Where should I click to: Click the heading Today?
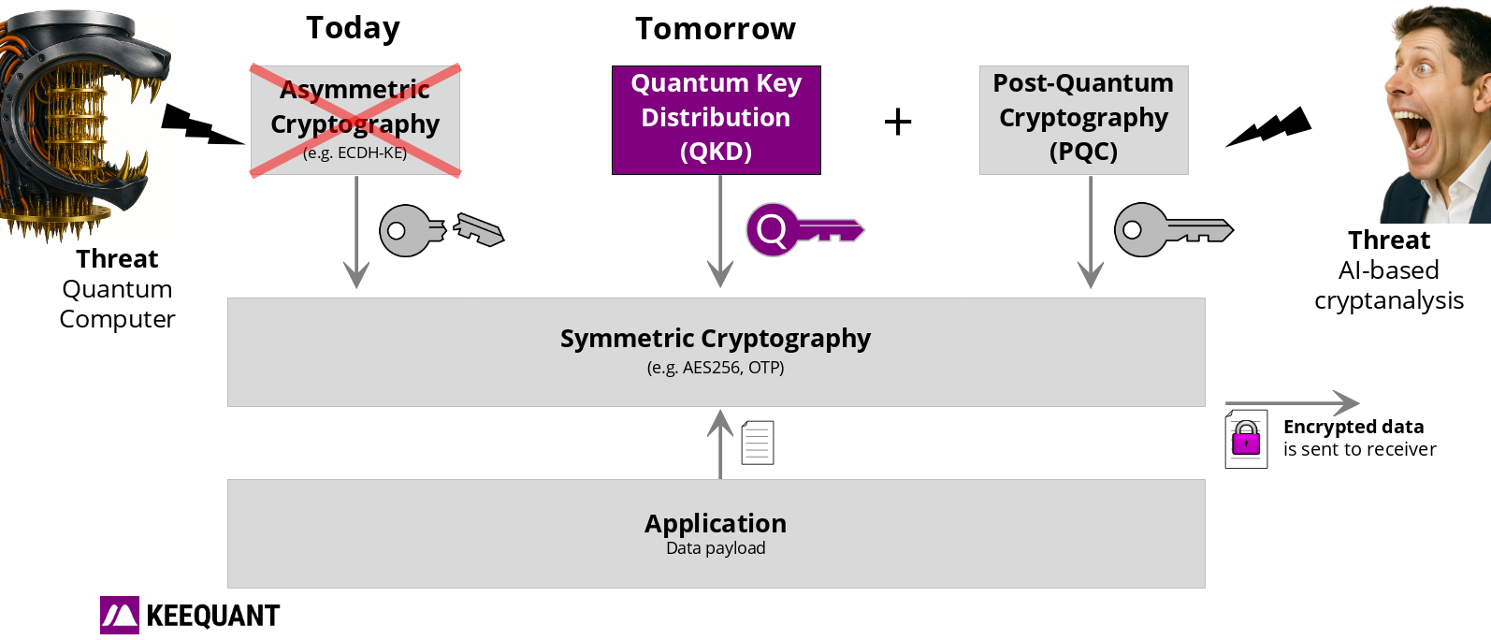pos(353,29)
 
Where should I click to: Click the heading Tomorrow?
pos(716,29)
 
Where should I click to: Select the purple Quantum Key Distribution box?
pos(717,120)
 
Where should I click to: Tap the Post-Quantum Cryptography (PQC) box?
pos(1083,120)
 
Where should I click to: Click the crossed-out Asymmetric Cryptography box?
pos(355,120)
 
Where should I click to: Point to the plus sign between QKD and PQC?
pos(898,122)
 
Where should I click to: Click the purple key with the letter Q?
pos(804,230)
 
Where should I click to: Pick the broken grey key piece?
pos(479,230)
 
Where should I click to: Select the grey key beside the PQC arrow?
pos(1174,230)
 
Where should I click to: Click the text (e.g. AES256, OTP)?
pos(716,368)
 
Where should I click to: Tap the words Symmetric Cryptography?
pos(716,339)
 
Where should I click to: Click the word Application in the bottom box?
pos(716,523)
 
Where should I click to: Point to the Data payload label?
pos(716,548)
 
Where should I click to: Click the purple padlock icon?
pos(1245,438)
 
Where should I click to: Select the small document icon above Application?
pos(758,443)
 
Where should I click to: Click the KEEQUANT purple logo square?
pos(120,615)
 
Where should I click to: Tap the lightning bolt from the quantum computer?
pos(202,124)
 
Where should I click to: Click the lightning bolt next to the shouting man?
pos(1268,126)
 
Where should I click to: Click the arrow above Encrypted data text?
pos(1292,403)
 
